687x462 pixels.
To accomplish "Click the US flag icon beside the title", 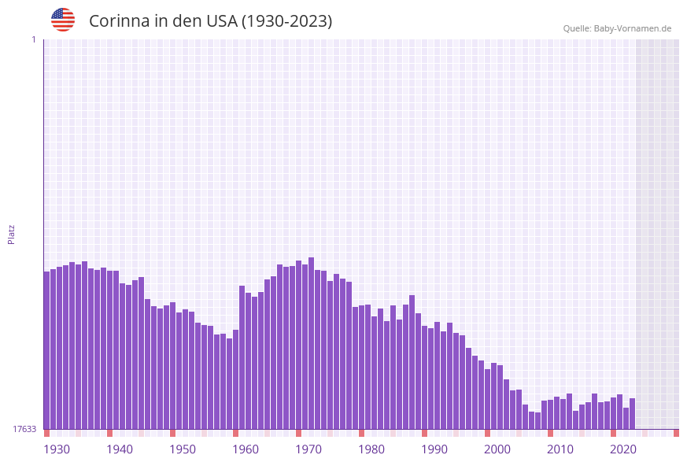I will click(x=63, y=20).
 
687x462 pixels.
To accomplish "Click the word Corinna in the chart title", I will click(x=119, y=21).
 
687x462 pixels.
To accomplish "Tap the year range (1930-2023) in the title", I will click(x=286, y=21).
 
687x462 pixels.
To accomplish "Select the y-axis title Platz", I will click(x=12, y=234).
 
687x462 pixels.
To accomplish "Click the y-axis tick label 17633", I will click(x=24, y=429).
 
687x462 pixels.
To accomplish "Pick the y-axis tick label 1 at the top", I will click(x=33, y=39).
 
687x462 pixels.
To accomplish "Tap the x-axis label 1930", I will click(x=57, y=449).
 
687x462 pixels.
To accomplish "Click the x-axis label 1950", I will click(x=183, y=449).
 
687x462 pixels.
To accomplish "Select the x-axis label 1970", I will click(x=308, y=449).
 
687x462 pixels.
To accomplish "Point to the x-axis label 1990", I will click(x=434, y=449).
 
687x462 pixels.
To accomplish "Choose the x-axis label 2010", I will click(x=560, y=449).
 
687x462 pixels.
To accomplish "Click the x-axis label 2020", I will click(x=623, y=449).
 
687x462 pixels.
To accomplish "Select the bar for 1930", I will click(x=47, y=350).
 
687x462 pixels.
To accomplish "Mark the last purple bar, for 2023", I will click(x=632, y=414).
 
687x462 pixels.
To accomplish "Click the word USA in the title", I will click(x=221, y=21).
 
